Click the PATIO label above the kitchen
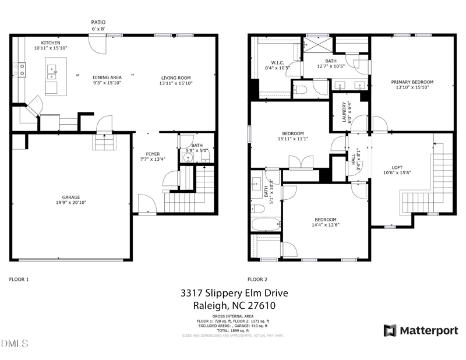point(98,22)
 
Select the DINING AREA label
point(107,77)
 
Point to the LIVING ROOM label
point(176,77)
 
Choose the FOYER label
point(153,154)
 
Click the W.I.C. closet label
point(277,62)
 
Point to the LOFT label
point(397,167)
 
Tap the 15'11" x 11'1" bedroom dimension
point(292,139)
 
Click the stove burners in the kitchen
point(22,70)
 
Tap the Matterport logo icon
point(390,330)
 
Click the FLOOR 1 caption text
point(19,280)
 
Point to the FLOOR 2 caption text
point(257,280)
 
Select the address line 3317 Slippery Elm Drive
point(234,294)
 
